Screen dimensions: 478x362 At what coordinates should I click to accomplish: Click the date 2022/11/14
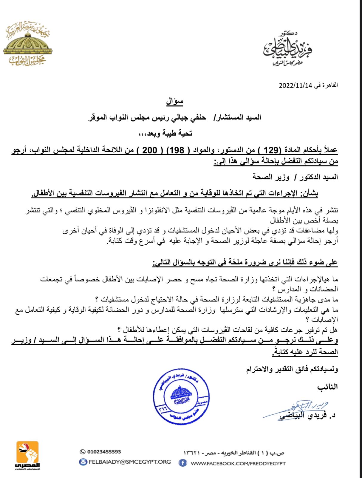295,85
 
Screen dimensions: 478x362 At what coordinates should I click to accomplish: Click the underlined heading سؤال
175,102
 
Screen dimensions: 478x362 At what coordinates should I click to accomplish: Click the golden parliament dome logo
27,44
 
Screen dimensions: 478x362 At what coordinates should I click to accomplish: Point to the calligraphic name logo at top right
287,49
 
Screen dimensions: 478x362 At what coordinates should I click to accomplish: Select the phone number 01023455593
104,452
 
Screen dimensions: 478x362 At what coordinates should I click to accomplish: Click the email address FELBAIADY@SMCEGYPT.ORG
130,462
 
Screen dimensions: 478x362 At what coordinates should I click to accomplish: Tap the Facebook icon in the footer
182,463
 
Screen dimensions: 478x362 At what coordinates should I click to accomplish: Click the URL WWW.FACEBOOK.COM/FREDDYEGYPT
238,463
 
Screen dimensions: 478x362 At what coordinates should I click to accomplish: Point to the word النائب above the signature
327,387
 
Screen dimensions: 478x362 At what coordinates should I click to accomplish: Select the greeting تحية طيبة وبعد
165,134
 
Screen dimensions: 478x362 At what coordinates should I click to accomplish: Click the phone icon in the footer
83,452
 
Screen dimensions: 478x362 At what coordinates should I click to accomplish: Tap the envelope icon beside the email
83,462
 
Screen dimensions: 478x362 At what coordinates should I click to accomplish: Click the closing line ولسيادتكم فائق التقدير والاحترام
292,370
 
